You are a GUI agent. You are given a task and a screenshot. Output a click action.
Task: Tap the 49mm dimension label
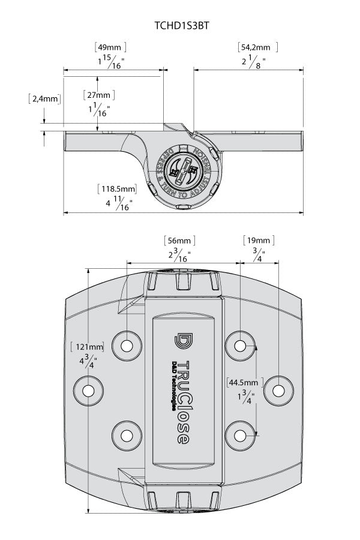(x=110, y=47)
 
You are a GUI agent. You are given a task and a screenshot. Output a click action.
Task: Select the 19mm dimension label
(x=259, y=241)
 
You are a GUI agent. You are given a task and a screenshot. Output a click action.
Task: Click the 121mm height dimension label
(x=88, y=347)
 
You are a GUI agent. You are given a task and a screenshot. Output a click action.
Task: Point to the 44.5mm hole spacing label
(x=242, y=382)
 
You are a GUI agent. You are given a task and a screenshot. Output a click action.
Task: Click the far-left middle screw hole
(x=88, y=390)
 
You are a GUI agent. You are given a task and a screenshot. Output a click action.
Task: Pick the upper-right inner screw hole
(x=240, y=346)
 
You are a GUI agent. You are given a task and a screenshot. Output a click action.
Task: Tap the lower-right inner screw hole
(x=240, y=434)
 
